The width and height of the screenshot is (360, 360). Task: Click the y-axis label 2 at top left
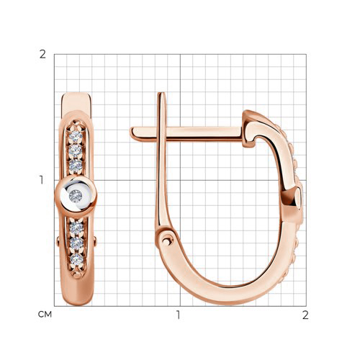[42, 55]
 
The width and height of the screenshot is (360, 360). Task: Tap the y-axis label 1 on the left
[42, 180]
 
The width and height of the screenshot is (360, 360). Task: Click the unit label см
[45, 314]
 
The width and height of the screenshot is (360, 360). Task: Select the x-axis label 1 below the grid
[178, 315]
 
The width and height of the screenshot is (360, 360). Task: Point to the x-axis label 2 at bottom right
[305, 315]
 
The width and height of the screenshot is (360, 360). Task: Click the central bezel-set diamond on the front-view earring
[76, 196]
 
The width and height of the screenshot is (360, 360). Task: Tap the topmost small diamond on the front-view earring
[76, 136]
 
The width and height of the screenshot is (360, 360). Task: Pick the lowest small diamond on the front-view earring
[77, 259]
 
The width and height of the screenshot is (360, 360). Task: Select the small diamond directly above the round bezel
[76, 165]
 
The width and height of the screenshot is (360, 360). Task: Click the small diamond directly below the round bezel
[76, 228]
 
